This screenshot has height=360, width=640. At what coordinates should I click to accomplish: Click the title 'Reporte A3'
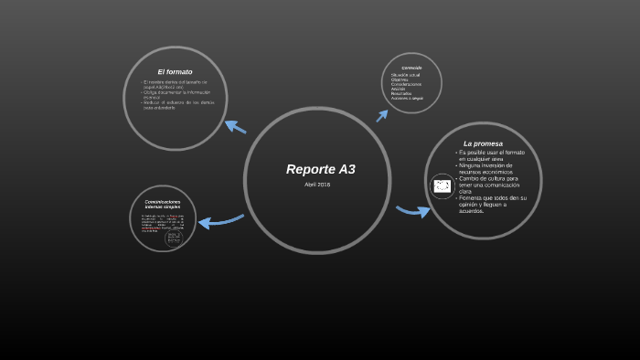(320, 169)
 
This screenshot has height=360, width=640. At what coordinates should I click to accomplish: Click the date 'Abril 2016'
(317, 185)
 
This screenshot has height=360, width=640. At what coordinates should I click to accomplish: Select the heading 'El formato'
(175, 71)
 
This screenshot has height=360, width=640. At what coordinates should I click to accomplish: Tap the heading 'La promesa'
(483, 143)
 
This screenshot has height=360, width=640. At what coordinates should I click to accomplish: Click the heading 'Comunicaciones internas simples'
(163, 204)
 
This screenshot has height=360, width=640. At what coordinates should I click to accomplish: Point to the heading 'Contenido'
(411, 67)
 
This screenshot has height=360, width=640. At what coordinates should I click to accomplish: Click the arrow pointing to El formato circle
(235, 126)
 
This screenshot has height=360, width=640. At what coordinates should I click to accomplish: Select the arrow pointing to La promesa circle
(413, 211)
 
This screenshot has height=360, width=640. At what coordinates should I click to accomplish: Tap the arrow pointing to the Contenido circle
(382, 115)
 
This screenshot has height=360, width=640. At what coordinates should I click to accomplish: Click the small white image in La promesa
(443, 186)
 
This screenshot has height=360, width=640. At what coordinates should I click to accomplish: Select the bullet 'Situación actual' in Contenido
(406, 75)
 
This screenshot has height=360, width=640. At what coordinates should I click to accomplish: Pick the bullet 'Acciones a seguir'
(407, 98)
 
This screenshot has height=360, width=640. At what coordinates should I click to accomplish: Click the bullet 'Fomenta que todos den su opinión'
(493, 201)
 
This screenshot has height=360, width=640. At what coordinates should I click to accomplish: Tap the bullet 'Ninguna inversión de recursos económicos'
(485, 168)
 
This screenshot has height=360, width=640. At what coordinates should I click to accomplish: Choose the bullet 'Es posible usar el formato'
(491, 154)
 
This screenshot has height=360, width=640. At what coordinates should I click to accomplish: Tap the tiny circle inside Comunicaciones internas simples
(174, 238)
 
